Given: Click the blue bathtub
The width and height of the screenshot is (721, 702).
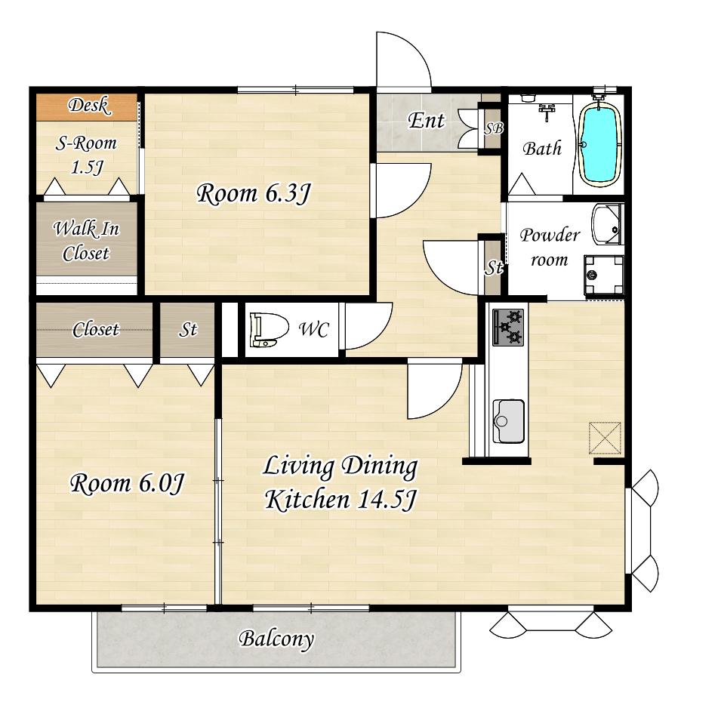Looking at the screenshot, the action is [x=599, y=144].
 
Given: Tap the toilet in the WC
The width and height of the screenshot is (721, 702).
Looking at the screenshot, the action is [x=269, y=329].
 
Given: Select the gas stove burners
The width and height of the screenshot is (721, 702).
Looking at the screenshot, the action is [x=508, y=327].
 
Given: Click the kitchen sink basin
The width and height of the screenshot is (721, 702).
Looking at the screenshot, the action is [x=509, y=421].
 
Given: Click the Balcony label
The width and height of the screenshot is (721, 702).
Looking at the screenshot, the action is [x=276, y=639].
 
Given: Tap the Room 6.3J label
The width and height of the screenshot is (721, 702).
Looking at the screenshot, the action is [x=254, y=193].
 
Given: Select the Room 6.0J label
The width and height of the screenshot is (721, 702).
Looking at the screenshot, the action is [x=128, y=484].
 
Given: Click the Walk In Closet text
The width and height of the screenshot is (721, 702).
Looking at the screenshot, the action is [x=86, y=241].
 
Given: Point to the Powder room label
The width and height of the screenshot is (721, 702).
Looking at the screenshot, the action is [x=550, y=248].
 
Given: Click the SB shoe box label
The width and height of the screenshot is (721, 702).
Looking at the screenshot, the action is [x=494, y=128].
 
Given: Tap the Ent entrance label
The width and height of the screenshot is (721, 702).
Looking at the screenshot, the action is [x=427, y=121].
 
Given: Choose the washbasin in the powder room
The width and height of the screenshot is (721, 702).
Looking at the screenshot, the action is [x=606, y=225].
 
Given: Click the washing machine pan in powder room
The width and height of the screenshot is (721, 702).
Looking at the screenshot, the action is [x=604, y=276].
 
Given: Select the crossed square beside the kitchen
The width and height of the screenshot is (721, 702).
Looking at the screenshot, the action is [x=605, y=438].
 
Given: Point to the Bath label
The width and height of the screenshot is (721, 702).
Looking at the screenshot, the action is [x=542, y=149].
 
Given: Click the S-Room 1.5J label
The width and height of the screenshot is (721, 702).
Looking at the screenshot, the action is [x=87, y=155].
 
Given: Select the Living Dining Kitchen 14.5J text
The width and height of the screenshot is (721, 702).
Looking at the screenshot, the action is [x=340, y=482].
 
